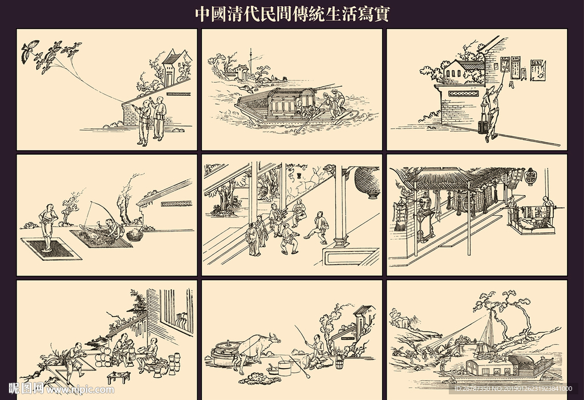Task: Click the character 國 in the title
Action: click(220, 14)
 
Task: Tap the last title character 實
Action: click(380, 14)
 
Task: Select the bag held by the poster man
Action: click(483, 123)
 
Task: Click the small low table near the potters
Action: click(119, 376)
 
